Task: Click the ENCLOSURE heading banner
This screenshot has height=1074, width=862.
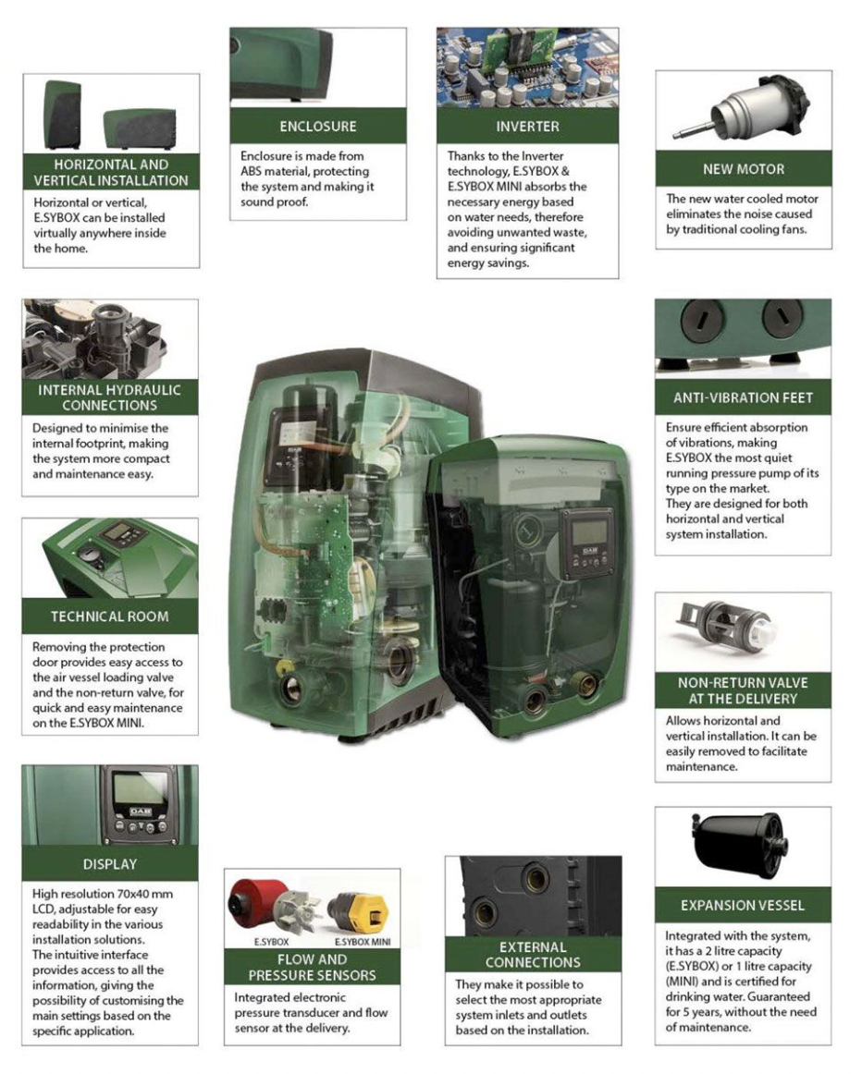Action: pyautogui.click(x=317, y=127)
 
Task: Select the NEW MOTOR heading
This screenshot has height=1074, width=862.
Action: pyautogui.click(x=743, y=169)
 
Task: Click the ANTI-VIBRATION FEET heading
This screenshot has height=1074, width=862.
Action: pyautogui.click(x=743, y=398)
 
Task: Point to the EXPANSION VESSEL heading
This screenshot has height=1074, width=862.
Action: pyautogui.click(x=743, y=905)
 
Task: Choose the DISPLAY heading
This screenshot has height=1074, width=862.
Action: pyautogui.click(x=109, y=864)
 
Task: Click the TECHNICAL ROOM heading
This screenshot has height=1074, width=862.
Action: pyautogui.click(x=109, y=616)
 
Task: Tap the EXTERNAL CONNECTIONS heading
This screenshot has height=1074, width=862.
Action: pyautogui.click(x=533, y=954)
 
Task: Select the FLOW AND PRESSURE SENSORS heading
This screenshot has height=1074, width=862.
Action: pyautogui.click(x=313, y=967)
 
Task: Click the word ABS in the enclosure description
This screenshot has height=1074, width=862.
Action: pyautogui.click(x=252, y=172)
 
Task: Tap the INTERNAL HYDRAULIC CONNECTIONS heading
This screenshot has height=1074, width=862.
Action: pyautogui.click(x=109, y=397)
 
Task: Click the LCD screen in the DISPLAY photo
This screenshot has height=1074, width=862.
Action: pyautogui.click(x=138, y=791)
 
